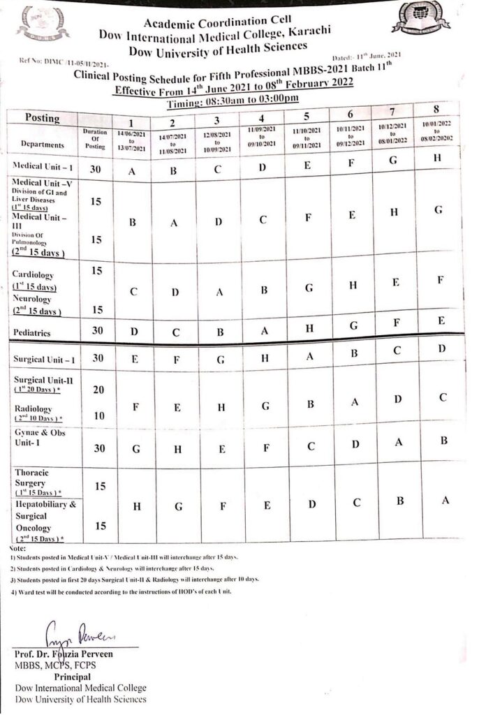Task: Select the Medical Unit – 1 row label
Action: [x=41, y=166]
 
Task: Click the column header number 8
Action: [x=436, y=110]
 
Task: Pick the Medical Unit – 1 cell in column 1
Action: [x=133, y=172]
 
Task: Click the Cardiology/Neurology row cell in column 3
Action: [x=219, y=293]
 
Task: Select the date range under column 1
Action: [x=133, y=140]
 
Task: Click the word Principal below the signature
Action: [x=72, y=677]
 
